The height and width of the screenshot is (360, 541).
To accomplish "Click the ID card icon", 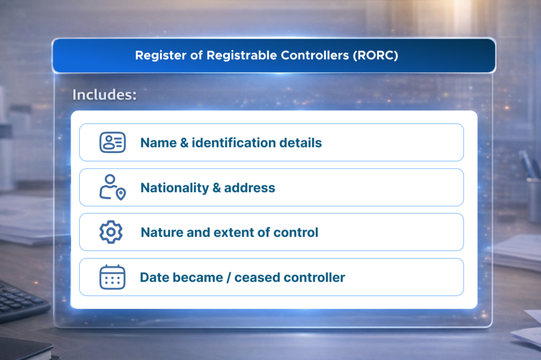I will click(112, 143).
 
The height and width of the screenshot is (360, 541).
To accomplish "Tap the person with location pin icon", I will click(112, 187).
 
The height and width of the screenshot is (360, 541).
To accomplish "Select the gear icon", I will click(111, 232).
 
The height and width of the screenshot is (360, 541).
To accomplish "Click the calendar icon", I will click(112, 277).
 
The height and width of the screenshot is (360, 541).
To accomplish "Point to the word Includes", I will click(104, 95).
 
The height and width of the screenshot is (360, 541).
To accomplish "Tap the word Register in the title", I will click(157, 55).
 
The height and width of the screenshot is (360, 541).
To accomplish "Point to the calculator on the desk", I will click(21, 301).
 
